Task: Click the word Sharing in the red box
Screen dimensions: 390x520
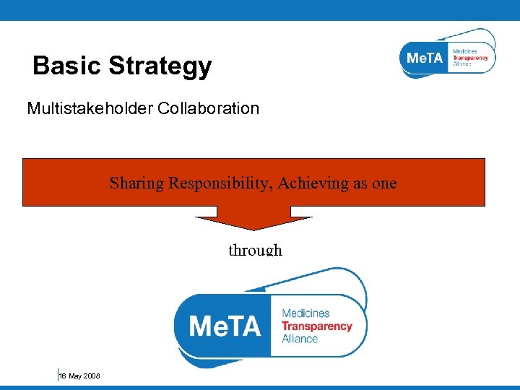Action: point(136,183)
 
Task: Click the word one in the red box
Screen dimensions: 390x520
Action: point(384,183)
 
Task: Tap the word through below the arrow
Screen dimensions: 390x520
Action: point(255,250)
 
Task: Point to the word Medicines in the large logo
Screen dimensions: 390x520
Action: point(305,313)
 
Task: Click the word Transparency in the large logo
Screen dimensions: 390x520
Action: point(316,326)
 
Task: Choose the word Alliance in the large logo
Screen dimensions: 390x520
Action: point(300,338)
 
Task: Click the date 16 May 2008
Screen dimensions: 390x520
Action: point(79,376)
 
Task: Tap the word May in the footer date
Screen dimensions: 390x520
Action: point(75,376)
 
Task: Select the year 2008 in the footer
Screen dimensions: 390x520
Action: point(92,376)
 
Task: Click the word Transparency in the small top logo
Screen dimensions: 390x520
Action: point(470,58)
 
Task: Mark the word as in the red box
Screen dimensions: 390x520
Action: point(361,183)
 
